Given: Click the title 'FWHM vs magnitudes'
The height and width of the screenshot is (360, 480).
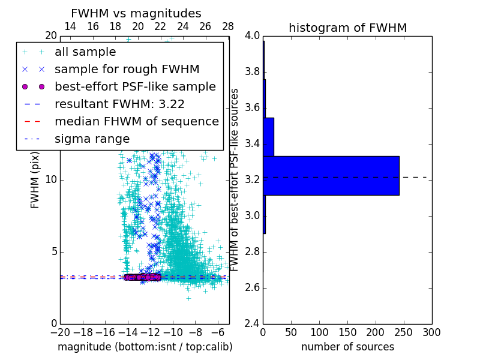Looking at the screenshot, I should tap(136, 13).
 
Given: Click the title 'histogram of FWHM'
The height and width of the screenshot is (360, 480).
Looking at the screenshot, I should tap(347, 28).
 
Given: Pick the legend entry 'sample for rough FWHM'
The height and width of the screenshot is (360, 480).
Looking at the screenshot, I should tap(127, 70).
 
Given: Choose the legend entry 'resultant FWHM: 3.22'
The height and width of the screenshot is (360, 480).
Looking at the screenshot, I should tap(119, 104).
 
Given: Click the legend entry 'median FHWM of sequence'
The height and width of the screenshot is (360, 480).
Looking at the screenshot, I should tap(136, 121).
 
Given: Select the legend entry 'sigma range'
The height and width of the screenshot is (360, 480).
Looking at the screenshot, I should tap(92, 139).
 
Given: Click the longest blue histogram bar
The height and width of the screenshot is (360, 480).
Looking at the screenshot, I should tap(331, 175).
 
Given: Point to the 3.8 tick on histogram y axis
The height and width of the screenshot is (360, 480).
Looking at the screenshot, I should tap(252, 72).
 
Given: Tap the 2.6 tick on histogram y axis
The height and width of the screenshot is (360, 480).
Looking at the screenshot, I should tap(252, 288).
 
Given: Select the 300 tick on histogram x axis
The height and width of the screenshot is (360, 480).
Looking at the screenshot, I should tap(432, 332).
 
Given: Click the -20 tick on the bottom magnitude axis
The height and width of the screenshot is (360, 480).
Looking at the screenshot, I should tap(60, 332).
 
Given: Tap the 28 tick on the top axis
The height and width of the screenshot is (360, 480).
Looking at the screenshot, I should tap(228, 26).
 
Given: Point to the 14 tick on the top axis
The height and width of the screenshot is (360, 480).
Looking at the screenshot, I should tap(70, 26).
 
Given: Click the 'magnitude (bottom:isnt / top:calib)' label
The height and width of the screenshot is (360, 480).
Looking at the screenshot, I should tap(145, 347).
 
